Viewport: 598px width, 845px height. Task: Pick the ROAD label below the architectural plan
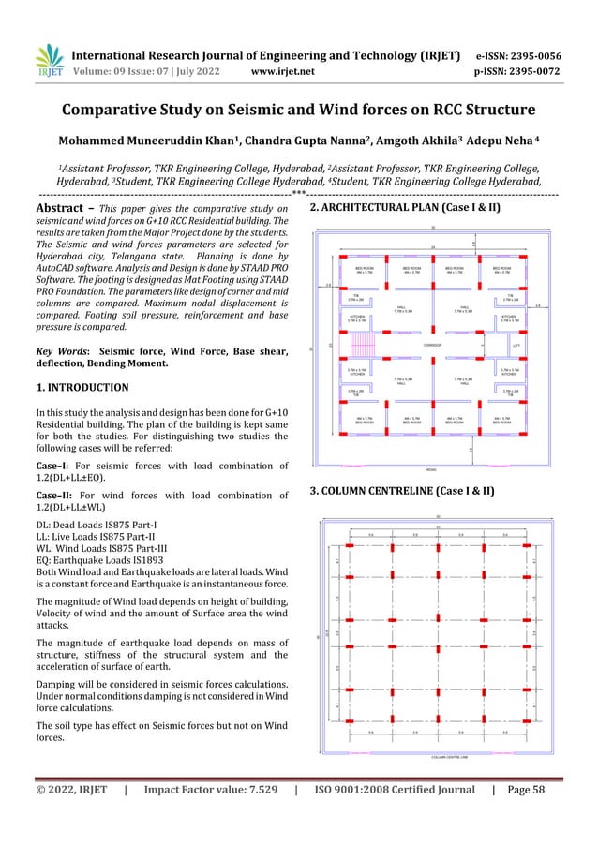[431, 469]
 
